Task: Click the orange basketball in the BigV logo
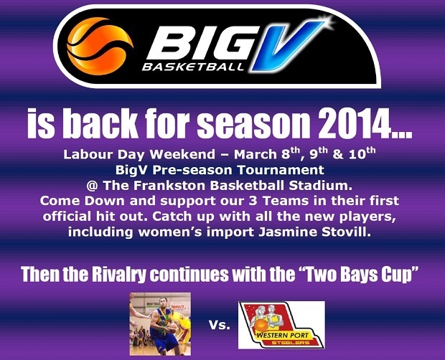100,46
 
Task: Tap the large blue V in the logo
286,45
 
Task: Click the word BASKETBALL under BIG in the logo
193,67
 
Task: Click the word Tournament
281,170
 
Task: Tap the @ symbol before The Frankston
93,186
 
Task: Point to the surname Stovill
346,232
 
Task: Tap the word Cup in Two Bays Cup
400,275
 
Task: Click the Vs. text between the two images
220,325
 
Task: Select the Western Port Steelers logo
281,325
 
